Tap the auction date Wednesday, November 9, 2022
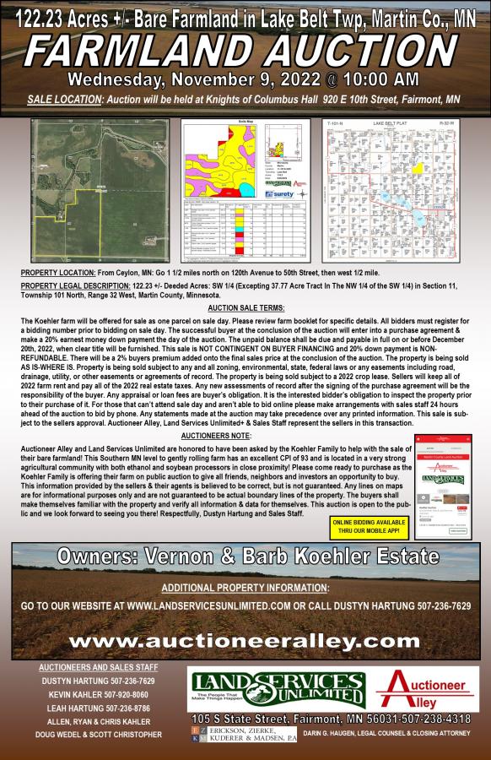(x=245, y=80)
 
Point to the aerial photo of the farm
(x=99, y=190)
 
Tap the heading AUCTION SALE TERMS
(x=245, y=308)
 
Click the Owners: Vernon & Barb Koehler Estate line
(x=245, y=557)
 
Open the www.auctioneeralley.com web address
(x=245, y=642)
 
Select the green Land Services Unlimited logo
(x=276, y=690)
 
